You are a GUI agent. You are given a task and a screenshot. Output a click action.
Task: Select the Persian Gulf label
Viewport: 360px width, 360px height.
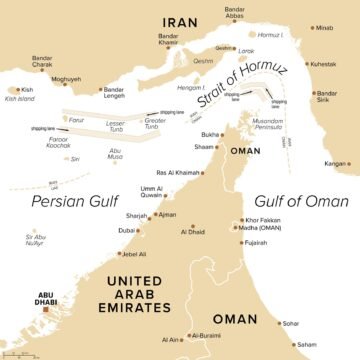click(x=67, y=200)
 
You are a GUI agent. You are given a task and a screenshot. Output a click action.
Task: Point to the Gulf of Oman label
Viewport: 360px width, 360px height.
click(x=296, y=199)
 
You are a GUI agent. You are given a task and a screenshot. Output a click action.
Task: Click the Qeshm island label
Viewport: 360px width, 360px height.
click(x=203, y=60)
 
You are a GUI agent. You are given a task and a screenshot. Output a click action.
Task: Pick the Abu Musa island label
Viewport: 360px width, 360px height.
click(x=116, y=154)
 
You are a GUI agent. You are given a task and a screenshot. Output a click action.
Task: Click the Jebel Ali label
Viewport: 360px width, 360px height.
click(x=136, y=254)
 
